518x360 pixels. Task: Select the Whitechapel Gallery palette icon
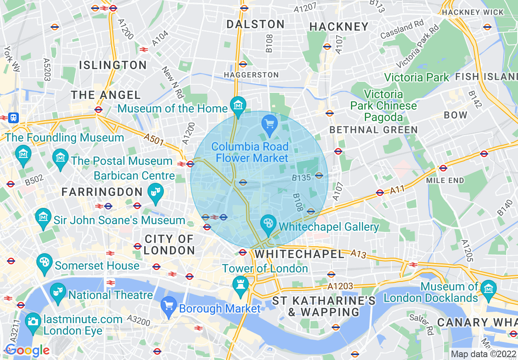tap(268, 223)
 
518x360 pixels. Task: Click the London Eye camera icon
tap(33, 321)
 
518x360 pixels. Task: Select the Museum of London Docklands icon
tap(488, 288)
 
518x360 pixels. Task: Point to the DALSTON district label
tap(256, 24)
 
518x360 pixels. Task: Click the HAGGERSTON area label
tap(251, 75)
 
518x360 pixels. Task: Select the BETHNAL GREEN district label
tap(373, 130)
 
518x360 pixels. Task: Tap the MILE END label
tap(445, 180)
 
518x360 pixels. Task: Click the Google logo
tap(27, 350)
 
